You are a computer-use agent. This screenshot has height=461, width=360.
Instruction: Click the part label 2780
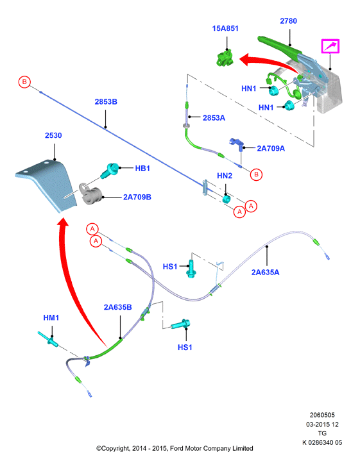[288, 21]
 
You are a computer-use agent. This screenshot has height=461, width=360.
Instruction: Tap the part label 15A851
[225, 28]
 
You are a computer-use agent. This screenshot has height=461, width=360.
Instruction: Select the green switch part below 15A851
[225, 58]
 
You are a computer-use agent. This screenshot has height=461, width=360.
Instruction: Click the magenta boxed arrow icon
[330, 46]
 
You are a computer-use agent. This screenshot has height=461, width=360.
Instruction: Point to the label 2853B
[106, 102]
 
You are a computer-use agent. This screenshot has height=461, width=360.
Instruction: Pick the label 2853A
[214, 118]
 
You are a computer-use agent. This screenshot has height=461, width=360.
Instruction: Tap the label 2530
[53, 135]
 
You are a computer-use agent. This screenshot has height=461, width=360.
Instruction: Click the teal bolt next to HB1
[110, 171]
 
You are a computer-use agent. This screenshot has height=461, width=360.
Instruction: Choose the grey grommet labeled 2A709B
[90, 194]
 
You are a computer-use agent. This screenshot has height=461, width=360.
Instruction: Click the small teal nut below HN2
[226, 199]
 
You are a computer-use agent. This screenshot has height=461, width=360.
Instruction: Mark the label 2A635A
[265, 272]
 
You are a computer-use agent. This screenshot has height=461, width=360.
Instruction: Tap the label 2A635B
[117, 307]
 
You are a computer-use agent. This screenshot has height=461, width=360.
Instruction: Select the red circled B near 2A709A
[256, 174]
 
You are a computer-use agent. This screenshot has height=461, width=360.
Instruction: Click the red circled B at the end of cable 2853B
[24, 81]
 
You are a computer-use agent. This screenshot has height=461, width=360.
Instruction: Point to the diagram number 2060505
[322, 415]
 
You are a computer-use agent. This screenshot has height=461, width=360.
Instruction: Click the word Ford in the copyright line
[176, 449]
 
